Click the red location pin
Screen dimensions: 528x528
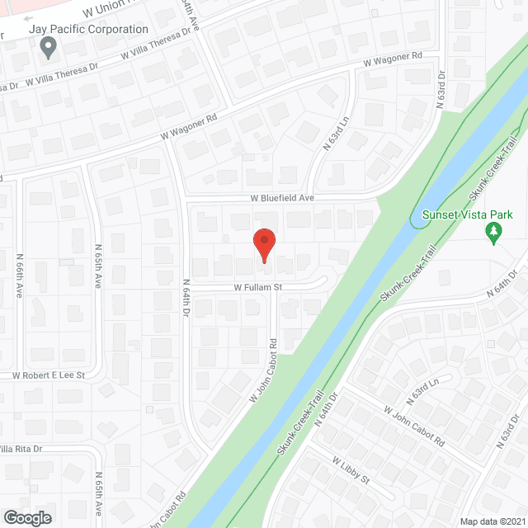[x=264, y=245]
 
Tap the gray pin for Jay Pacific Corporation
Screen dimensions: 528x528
[x=48, y=47]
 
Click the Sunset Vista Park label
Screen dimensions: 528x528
[x=461, y=214]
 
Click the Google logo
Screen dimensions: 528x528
[x=27, y=517]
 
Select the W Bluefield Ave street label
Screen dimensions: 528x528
[x=284, y=199]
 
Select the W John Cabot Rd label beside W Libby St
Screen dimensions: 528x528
[x=415, y=424]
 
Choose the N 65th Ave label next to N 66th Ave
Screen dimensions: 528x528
[x=97, y=266]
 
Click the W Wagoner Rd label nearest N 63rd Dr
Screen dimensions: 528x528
[x=394, y=60]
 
